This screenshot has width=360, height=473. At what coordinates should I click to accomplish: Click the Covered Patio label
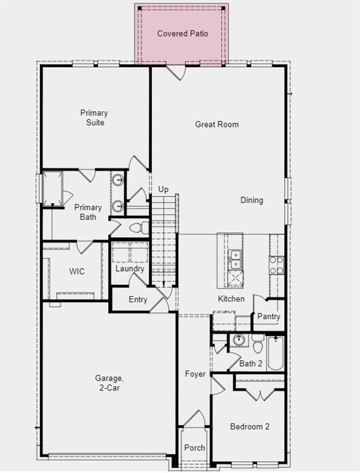pyautogui.click(x=182, y=33)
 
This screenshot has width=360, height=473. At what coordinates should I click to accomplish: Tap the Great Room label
pyautogui.click(x=217, y=124)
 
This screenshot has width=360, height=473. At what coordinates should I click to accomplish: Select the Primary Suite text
pyautogui.click(x=94, y=118)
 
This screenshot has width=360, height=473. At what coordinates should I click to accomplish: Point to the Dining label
pyautogui.click(x=252, y=200)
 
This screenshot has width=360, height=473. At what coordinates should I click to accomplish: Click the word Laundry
pyautogui.click(x=130, y=269)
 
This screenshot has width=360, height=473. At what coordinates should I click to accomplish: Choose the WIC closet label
pyautogui.click(x=77, y=272)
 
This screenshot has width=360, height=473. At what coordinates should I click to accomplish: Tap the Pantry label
pyautogui.click(x=268, y=317)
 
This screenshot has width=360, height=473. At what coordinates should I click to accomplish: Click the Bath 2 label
pyautogui.click(x=251, y=363)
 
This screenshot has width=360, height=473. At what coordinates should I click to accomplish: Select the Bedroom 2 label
pyautogui.click(x=250, y=426)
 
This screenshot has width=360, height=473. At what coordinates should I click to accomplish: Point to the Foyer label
pyautogui.click(x=195, y=374)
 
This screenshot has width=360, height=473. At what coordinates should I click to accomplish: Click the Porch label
pyautogui.click(x=194, y=448)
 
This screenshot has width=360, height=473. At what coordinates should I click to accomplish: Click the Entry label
pyautogui.click(x=138, y=300)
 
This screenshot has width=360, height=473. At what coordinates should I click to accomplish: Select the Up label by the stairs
pyautogui.click(x=163, y=189)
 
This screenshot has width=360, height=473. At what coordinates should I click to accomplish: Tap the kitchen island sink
pyautogui.click(x=234, y=259)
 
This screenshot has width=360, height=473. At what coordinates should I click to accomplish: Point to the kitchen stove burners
pyautogui.click(x=276, y=265)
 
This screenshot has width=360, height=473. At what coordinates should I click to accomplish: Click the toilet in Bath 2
pyautogui.click(x=258, y=342)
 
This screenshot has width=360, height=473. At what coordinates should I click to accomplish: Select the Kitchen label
pyautogui.click(x=231, y=299)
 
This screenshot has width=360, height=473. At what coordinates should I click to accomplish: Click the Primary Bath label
pyautogui.click(x=88, y=212)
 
